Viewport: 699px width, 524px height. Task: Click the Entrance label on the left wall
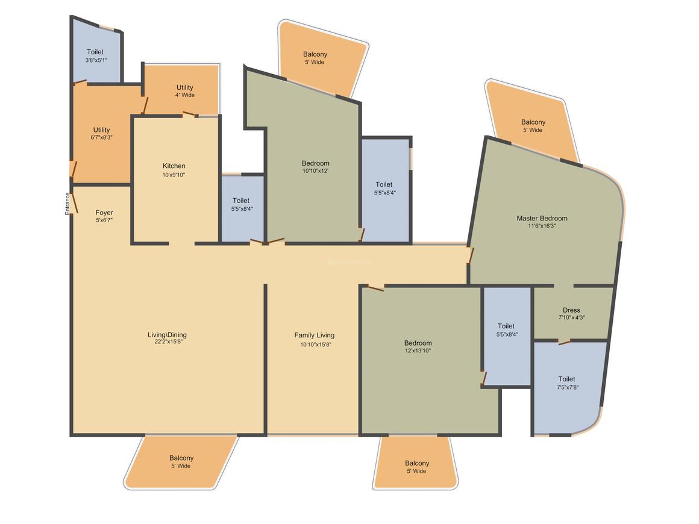[x=67, y=204]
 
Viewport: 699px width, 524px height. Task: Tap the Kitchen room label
[x=174, y=166]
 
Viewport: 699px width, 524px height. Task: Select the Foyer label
[x=104, y=213]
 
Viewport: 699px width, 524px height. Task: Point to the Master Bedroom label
[x=542, y=218]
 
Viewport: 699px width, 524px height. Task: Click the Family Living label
[x=315, y=335]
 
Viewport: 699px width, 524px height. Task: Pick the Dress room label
[x=571, y=310]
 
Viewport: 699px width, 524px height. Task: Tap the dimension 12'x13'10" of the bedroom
[x=418, y=351]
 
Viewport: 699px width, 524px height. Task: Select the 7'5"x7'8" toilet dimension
[x=568, y=387]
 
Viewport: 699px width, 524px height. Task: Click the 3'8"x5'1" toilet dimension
[x=96, y=60]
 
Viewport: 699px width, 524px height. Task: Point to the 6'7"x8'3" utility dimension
[x=102, y=138]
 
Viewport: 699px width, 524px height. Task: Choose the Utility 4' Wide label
[x=185, y=91]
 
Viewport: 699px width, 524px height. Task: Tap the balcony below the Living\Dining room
[x=181, y=462]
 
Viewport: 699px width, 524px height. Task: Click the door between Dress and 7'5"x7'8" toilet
[x=565, y=342]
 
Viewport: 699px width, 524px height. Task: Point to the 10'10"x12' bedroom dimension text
[x=316, y=170]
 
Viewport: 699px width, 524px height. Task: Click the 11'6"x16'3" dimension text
[x=542, y=226]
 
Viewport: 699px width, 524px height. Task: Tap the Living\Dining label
[x=167, y=335]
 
